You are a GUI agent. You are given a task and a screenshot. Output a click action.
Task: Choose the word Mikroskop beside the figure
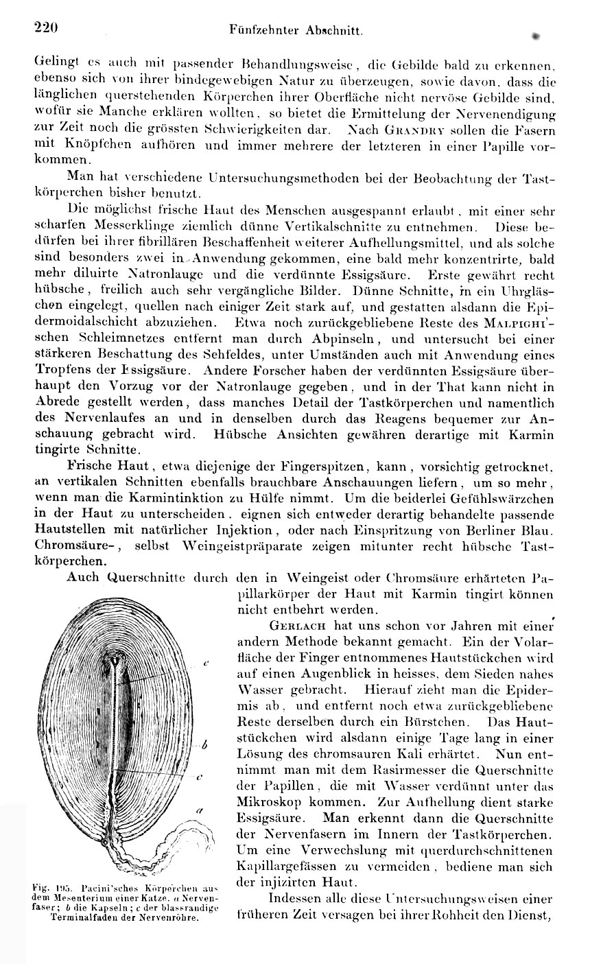268,801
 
